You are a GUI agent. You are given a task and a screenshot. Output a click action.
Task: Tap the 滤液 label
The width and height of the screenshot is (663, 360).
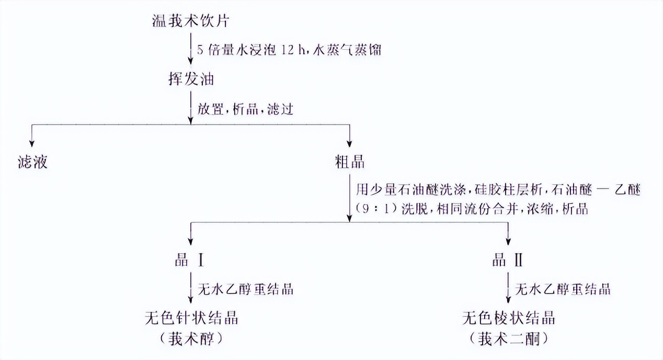pos(32,162)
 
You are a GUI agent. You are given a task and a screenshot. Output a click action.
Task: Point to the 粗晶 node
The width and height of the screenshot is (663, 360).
pos(349,162)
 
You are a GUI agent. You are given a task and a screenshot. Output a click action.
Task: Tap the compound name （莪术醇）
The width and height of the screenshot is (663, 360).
pos(189,339)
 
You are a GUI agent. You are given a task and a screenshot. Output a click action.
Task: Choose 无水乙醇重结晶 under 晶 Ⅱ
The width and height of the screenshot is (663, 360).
pos(563,289)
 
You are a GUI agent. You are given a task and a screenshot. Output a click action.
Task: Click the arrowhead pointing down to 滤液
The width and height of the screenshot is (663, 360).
pos(32,144)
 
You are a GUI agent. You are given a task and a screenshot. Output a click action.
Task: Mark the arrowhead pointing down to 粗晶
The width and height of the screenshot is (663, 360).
pos(349,144)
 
